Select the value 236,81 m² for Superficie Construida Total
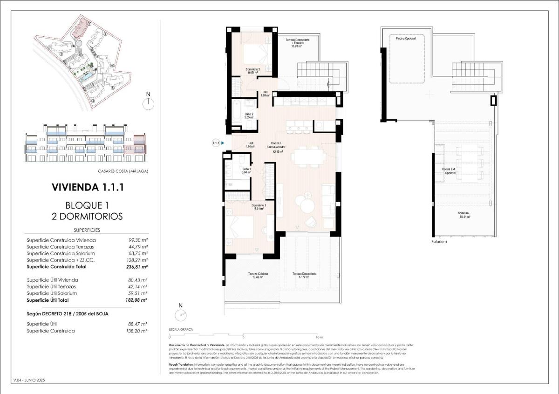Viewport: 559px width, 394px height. point(138,267)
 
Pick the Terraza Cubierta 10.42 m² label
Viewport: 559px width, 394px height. point(254,275)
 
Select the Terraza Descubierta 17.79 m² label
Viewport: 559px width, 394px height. point(305,275)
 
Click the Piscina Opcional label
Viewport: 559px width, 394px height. point(405,38)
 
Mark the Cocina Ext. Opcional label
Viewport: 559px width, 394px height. point(449,171)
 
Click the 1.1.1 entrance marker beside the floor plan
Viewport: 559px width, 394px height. point(216,143)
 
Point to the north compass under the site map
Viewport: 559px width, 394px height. point(148,103)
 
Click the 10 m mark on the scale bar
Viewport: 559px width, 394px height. point(319,336)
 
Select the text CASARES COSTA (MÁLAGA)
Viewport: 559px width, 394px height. point(123,171)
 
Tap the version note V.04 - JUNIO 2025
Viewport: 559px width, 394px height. point(30,380)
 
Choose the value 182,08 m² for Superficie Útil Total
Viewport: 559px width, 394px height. point(138,300)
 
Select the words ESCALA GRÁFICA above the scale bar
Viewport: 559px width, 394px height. point(180,329)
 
